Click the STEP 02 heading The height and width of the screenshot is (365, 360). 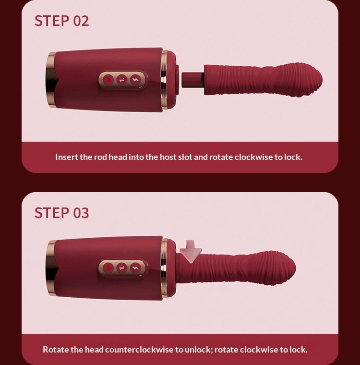coord(61,21)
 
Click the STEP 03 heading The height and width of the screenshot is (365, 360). coord(61,213)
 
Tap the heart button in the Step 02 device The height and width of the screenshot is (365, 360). coord(108,80)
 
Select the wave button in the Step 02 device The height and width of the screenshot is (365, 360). coord(135,80)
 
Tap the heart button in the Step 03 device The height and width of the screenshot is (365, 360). coord(108,268)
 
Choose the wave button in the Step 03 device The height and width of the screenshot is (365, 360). coord(135,268)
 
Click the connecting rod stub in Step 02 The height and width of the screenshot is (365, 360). coord(193,80)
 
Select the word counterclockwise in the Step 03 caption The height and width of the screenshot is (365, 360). coord(139,350)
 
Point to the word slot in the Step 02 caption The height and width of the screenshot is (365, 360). coord(185,157)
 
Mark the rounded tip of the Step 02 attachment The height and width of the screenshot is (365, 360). coord(319,79)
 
